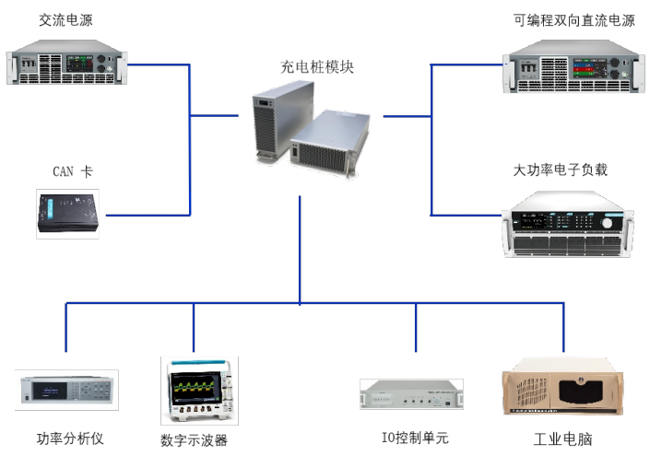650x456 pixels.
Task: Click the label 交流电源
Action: pyautogui.click(x=65, y=19)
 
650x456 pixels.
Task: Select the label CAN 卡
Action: pyautogui.click(x=72, y=171)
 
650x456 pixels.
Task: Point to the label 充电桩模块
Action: pyautogui.click(x=316, y=67)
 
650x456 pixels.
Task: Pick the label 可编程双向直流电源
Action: pyautogui.click(x=574, y=20)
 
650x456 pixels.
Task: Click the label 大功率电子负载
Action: pyautogui.click(x=561, y=170)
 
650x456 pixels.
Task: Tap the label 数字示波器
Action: pyautogui.click(x=194, y=439)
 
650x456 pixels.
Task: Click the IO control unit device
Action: pyautogui.click(x=411, y=393)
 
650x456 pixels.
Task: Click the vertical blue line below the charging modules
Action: pyautogui.click(x=301, y=249)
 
